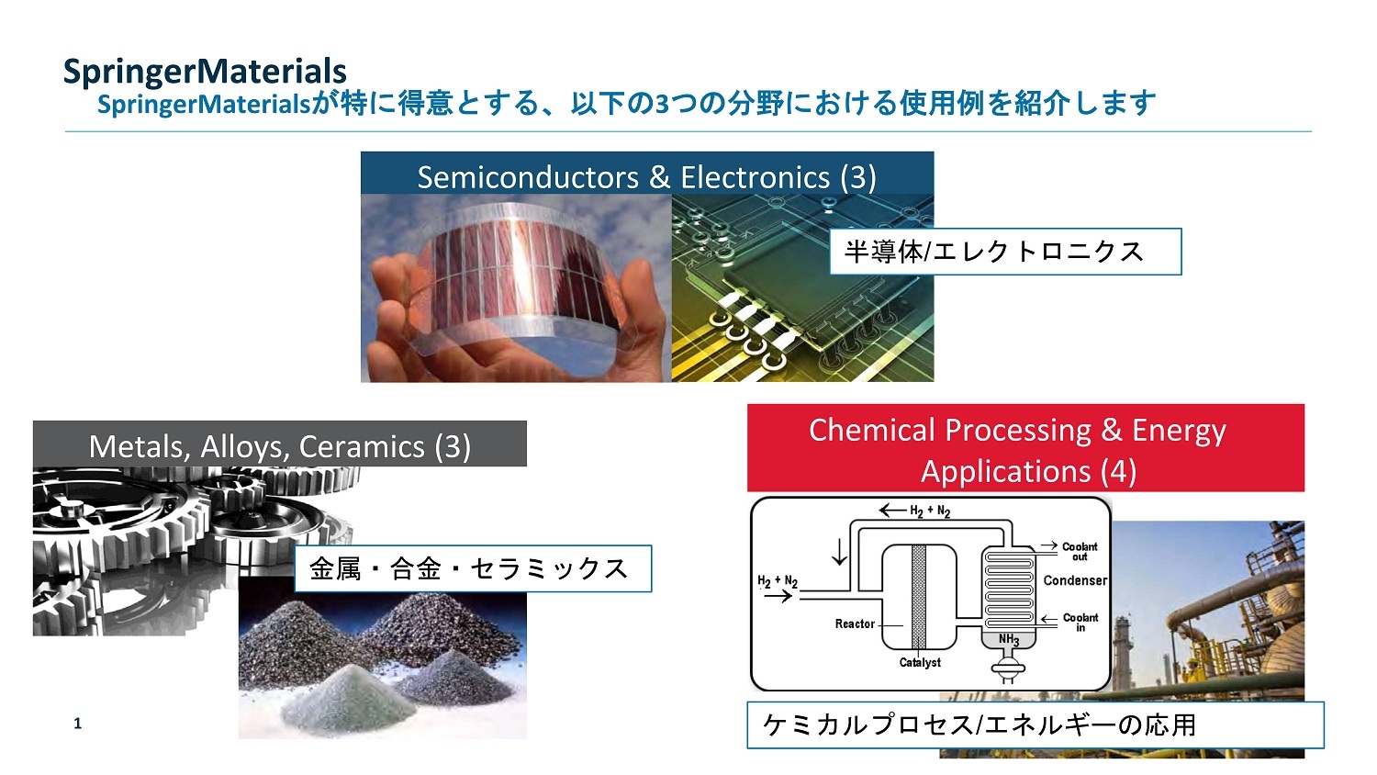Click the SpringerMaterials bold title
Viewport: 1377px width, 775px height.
point(205,72)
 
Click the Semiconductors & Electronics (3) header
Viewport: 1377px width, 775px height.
point(646,176)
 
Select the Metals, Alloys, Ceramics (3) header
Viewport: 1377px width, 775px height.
point(279,446)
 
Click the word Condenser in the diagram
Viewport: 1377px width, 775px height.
point(1074,580)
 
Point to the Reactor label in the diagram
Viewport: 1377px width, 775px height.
point(854,624)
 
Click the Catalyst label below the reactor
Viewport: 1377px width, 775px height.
point(919,663)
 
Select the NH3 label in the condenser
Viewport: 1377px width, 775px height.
point(1008,639)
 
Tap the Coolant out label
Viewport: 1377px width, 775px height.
point(1080,551)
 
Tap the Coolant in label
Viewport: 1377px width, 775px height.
point(1080,623)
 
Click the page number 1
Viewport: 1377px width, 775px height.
point(78,724)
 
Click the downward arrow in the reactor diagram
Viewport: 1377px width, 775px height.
point(839,553)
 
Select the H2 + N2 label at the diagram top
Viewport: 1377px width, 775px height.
point(929,511)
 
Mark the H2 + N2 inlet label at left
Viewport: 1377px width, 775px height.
point(777,580)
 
